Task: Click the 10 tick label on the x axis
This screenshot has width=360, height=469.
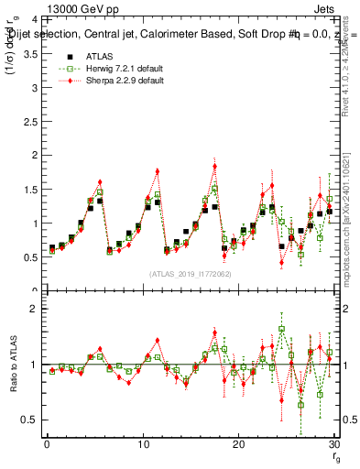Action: pos(143,444)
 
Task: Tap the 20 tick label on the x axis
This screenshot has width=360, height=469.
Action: pos(239,444)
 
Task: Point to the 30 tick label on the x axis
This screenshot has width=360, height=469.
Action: pos(334,444)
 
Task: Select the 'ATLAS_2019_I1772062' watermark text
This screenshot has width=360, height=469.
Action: pos(189,273)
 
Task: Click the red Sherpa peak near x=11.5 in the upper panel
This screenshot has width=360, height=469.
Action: pos(158,171)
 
